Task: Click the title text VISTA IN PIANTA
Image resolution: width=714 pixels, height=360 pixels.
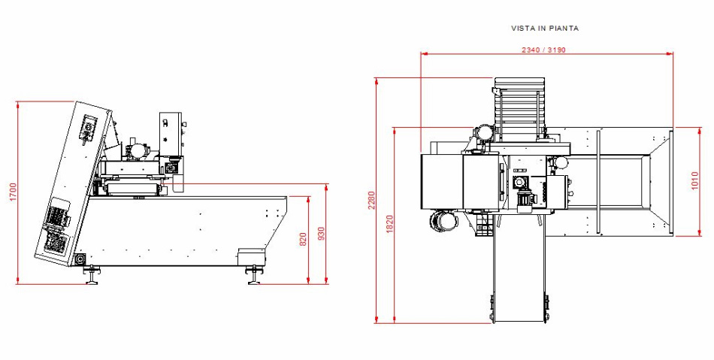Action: (x=545, y=29)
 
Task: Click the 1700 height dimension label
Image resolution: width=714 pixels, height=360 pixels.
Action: (x=13, y=192)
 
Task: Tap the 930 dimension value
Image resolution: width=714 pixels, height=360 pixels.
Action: (x=322, y=234)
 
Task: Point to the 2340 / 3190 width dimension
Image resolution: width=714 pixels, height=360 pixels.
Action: (x=543, y=50)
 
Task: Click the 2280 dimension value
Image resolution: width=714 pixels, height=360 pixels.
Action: (x=371, y=201)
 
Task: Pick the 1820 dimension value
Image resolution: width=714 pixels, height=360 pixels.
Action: (x=389, y=225)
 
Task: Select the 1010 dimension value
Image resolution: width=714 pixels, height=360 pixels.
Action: (x=694, y=180)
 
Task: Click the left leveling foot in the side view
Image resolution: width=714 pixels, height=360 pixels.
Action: (x=92, y=275)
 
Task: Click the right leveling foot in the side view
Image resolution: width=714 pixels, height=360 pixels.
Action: (x=254, y=275)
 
